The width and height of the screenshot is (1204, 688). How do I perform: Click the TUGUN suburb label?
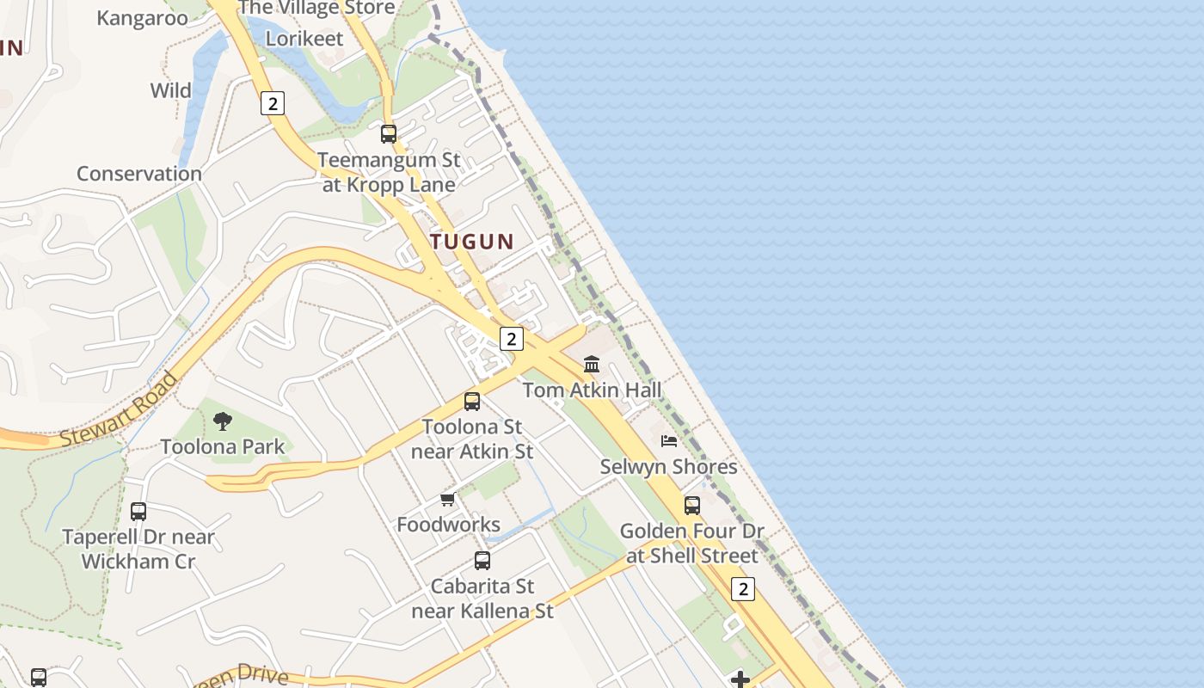point(471,242)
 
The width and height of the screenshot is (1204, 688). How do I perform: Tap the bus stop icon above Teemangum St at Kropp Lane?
point(389,134)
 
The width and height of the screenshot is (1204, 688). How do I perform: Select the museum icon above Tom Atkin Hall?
point(592,364)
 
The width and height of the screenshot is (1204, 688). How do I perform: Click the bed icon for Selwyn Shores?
point(669,441)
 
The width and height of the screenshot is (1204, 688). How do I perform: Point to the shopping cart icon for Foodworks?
point(447,499)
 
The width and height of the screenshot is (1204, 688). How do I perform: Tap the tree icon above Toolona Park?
point(223,421)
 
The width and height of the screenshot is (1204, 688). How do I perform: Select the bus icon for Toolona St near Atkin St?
point(471,401)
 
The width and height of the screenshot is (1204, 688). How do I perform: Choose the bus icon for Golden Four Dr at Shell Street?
point(692,506)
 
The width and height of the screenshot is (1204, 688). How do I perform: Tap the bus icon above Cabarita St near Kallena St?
point(482,561)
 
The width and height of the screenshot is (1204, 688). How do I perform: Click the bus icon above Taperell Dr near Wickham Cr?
point(138,512)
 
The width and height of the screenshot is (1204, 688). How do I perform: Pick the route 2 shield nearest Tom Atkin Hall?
point(512,339)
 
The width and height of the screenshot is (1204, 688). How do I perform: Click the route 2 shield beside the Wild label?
point(272,104)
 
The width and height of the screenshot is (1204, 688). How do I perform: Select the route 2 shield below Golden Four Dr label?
point(743,589)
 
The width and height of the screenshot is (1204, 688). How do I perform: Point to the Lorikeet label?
point(304,39)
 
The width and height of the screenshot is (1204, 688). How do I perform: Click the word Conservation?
point(139,174)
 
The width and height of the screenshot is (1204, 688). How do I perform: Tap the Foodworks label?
point(448,525)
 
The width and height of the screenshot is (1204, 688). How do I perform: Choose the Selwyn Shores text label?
point(668,467)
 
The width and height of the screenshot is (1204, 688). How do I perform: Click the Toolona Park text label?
point(223,446)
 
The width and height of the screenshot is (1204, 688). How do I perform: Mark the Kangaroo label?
point(142,18)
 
